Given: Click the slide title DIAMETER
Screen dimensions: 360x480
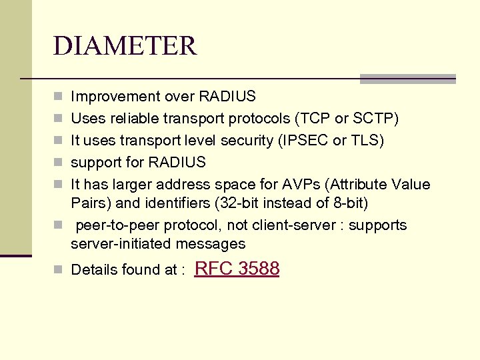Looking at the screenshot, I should tap(125, 46).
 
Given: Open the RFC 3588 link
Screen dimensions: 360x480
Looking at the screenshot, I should tap(237, 269).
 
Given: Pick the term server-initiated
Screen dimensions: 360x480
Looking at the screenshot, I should tap(117, 244).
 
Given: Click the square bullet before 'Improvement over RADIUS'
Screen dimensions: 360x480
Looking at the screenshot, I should tap(58, 97).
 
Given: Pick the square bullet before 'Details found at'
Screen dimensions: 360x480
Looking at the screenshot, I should tap(58, 270).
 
